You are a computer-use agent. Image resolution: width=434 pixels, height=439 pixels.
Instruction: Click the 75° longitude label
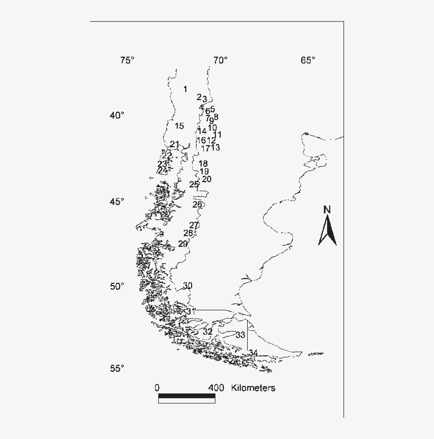pos(127,60)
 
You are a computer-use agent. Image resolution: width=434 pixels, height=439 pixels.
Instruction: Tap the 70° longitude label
pos(220,60)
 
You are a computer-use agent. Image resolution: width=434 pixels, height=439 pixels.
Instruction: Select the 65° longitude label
pos(308,60)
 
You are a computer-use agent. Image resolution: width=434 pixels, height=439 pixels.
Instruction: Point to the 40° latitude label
pos(117,115)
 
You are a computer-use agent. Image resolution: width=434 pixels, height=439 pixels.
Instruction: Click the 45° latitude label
pos(117,202)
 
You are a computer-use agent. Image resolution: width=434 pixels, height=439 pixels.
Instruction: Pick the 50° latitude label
pos(117,286)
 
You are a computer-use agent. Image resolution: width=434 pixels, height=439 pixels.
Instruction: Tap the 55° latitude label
pos(117,369)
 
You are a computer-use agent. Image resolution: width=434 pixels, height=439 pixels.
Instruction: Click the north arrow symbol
pos(328,231)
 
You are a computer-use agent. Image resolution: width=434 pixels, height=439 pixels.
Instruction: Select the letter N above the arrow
pos(327,210)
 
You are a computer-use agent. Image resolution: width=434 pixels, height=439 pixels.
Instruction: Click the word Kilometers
pos(253,388)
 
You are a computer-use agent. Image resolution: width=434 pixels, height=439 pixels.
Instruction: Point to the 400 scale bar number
pos(216,388)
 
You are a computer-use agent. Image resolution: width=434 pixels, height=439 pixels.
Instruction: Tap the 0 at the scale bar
pos(158,388)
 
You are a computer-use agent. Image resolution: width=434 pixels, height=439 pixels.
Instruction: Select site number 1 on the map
pos(185,89)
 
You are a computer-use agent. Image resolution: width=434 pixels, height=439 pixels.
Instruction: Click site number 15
pos(179,126)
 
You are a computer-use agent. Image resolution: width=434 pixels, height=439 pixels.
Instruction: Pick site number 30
pos(187,286)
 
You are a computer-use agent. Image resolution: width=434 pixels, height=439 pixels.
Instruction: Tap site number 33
pos(240,335)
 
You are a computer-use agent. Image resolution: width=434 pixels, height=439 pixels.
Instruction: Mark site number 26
pos(197,204)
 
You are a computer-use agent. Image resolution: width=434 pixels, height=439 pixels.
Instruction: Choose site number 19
pos(204,172)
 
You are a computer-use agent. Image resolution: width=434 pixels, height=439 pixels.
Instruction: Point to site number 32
pos(207,332)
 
